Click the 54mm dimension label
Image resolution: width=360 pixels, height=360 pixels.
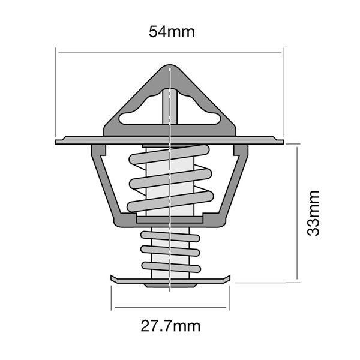coord(172,32)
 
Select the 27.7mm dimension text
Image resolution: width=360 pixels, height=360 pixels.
coord(170,327)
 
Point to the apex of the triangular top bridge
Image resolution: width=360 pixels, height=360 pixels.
coord(171,68)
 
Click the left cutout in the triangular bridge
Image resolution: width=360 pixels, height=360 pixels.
coord(139,115)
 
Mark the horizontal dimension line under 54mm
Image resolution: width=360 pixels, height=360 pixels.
coord(120,53)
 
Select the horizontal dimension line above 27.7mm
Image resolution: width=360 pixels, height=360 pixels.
coord(170,308)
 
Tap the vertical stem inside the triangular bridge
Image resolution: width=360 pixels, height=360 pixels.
coord(171,108)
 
